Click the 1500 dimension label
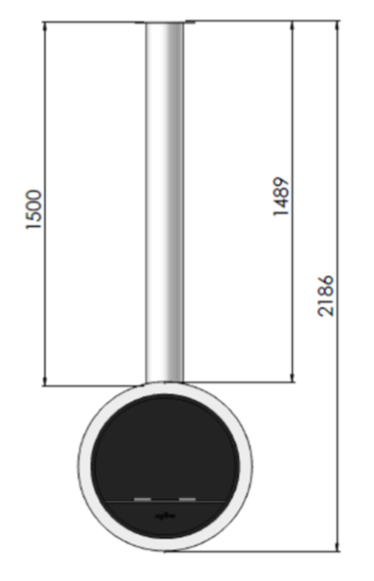click(34, 209)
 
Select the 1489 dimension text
click(281, 197)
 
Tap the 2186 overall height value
click(326, 295)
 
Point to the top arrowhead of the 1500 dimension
click(45, 27)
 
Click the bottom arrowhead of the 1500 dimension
click(45, 380)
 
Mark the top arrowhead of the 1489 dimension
click(293, 26)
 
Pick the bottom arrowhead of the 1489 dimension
click(293, 377)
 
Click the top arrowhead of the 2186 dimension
click(337, 26)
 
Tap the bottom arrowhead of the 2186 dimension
click(337, 546)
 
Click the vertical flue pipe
click(164, 201)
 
